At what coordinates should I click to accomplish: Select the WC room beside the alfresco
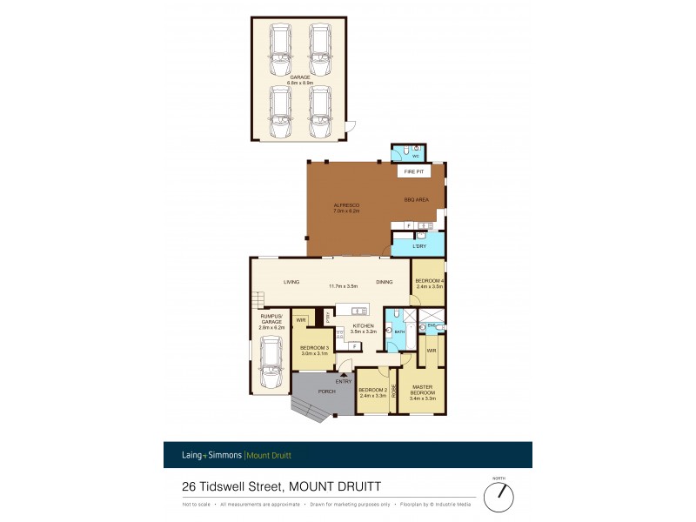pos(405,152)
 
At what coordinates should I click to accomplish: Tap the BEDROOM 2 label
pos(372,391)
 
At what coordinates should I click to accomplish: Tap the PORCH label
pos(314,391)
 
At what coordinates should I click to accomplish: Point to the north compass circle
pos(499,497)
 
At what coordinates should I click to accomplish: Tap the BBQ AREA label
pos(416,200)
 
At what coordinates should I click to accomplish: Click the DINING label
pos(384,282)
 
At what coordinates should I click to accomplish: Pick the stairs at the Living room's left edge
pos(255,301)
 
